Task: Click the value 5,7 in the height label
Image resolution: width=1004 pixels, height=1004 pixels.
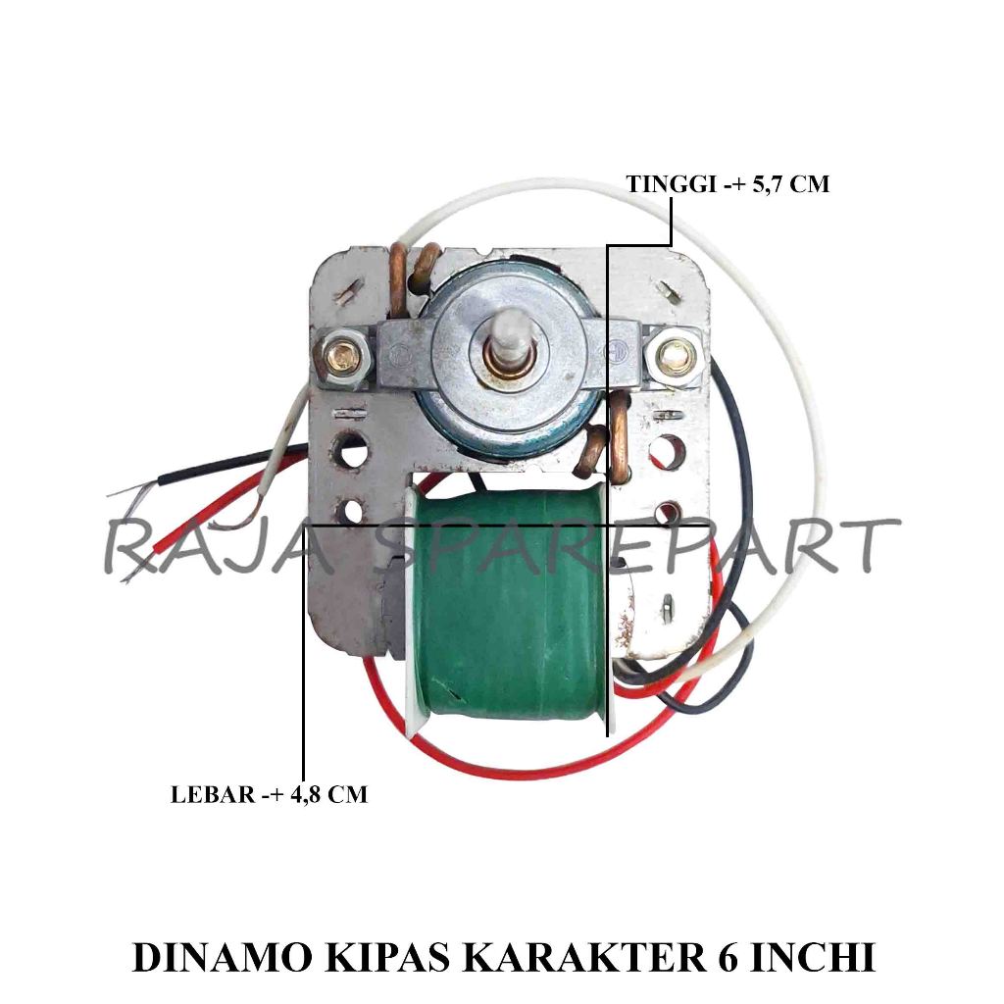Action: [768, 184]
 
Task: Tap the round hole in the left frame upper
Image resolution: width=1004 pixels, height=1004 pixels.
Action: [350, 450]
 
